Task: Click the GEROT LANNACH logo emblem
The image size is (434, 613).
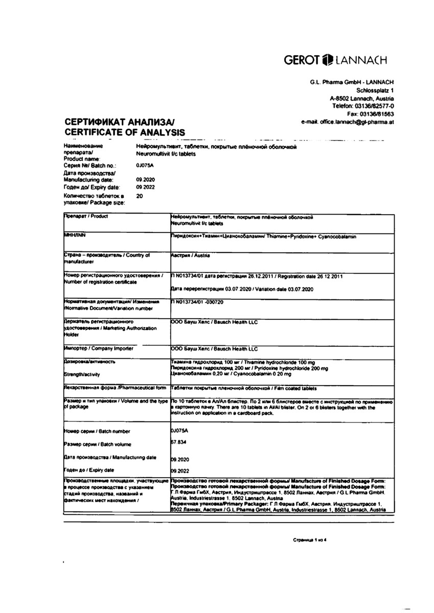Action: click(x=328, y=61)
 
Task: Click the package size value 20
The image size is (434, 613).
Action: click(x=140, y=196)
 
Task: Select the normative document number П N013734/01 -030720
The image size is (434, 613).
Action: click(x=197, y=302)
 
